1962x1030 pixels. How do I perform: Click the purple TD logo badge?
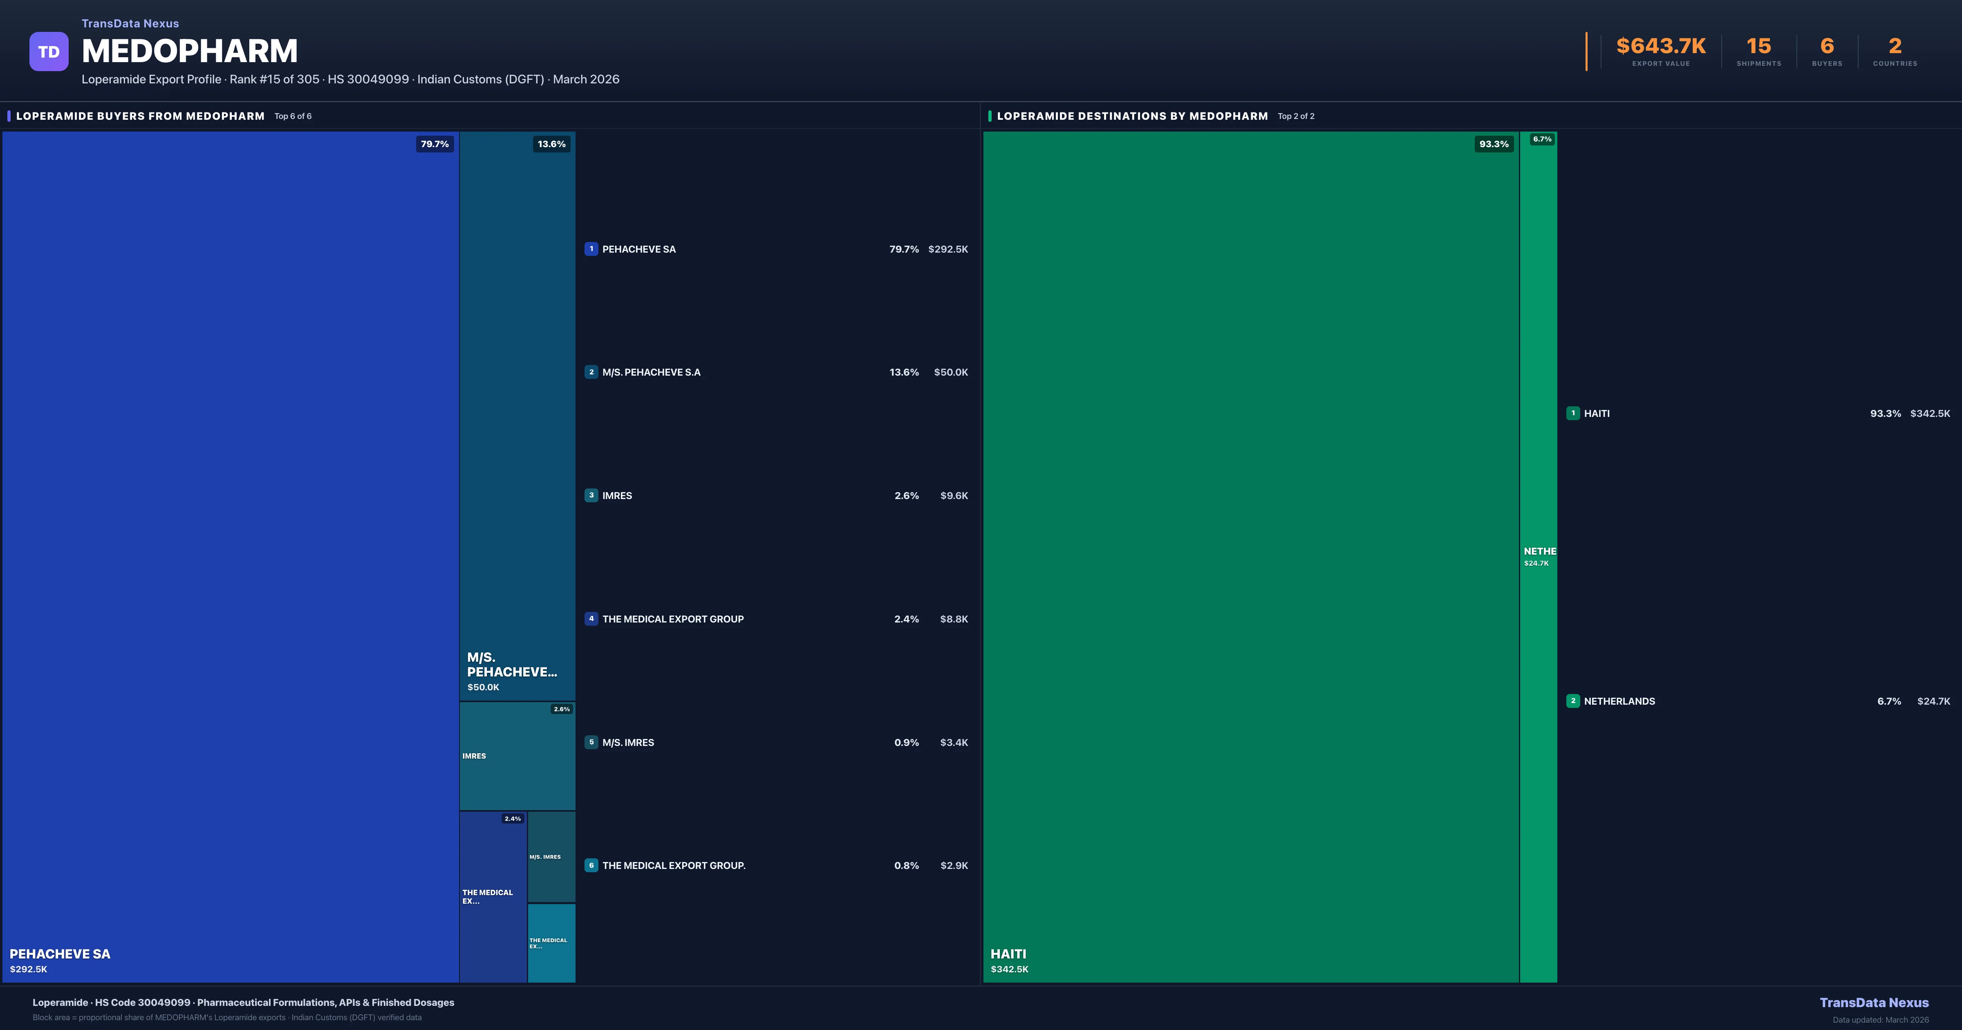[49, 52]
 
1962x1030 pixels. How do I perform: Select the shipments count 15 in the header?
[1758, 47]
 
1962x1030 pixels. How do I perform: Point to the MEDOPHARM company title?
[190, 51]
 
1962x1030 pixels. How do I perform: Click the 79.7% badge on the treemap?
[435, 144]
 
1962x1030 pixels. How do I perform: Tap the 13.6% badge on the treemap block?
[551, 144]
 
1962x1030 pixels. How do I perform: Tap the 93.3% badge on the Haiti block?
[1494, 144]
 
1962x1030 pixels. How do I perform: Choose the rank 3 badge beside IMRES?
[591, 495]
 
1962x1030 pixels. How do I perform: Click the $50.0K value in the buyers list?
[950, 372]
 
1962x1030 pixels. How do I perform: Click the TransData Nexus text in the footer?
[1874, 1003]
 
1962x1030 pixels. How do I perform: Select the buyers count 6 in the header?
[1826, 47]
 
